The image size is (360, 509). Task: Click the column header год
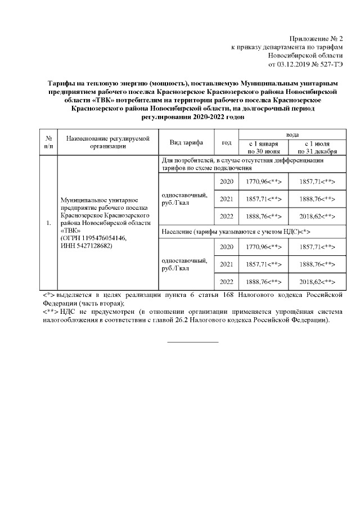(x=227, y=142)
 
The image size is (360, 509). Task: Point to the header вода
(x=292, y=136)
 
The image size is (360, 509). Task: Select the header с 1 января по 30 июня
(x=263, y=147)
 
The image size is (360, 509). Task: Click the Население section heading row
(x=236, y=231)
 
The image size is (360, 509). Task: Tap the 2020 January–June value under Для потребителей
(x=263, y=182)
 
